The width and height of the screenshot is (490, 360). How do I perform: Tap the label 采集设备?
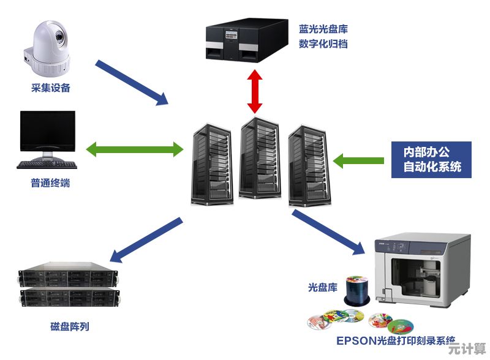pyautogui.click(x=51, y=88)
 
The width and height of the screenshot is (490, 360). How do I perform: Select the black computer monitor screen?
pyautogui.click(x=48, y=130)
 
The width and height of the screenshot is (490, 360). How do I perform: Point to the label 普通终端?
pyautogui.click(x=50, y=183)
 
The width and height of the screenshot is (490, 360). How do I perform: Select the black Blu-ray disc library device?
pyautogui.click(x=247, y=40)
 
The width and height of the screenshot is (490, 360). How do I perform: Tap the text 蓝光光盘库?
pyautogui.click(x=323, y=29)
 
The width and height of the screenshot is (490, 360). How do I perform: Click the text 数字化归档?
pyautogui.click(x=323, y=44)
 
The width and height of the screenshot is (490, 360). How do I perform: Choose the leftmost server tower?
pyautogui.click(x=211, y=163)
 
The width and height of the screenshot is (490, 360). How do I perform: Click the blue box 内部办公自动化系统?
pyautogui.click(x=431, y=159)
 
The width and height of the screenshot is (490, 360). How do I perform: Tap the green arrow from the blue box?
pyautogui.click(x=358, y=160)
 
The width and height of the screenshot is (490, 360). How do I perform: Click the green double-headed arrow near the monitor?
pyautogui.click(x=135, y=149)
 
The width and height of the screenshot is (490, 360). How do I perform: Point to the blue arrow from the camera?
pyautogui.click(x=132, y=82)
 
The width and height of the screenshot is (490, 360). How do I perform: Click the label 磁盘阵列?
pyautogui.click(x=69, y=326)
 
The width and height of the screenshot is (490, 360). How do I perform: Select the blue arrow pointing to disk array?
pyautogui.click(x=147, y=239)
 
